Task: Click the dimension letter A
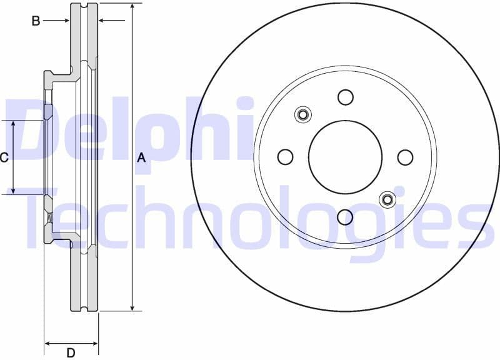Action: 141,158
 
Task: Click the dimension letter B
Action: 36,21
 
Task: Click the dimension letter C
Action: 4,157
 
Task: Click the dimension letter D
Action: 71,353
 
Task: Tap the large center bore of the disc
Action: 345,157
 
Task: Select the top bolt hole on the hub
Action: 345,97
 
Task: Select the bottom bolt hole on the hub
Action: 345,217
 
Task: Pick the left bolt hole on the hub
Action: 285,157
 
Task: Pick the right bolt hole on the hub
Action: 405,157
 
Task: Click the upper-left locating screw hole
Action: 303,114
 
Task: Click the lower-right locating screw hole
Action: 387,199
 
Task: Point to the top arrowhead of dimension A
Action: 132,7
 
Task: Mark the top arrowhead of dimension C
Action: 14,124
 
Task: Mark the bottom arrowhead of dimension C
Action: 14,190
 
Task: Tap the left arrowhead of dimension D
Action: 48,343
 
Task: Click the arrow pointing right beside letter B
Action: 65,21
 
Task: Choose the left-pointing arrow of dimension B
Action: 103,21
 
